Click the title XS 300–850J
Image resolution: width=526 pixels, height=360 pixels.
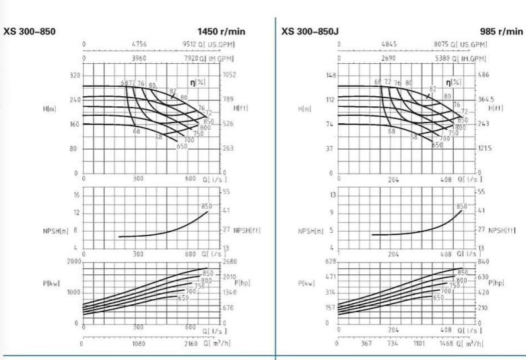(313, 31)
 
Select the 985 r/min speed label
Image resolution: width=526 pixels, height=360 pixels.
(501, 32)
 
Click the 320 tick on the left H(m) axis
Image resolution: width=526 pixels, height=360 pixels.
(75, 75)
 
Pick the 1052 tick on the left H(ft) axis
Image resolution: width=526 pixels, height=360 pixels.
(230, 75)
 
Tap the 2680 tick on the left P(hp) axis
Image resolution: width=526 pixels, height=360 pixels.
(230, 261)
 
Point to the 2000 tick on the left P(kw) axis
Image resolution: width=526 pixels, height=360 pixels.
(73, 261)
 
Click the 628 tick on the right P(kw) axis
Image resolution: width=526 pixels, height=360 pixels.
(330, 261)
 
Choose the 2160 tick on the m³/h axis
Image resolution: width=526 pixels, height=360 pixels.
(191, 343)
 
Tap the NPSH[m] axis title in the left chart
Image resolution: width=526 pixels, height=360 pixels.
(54, 230)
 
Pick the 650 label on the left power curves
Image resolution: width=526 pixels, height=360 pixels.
(183, 297)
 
